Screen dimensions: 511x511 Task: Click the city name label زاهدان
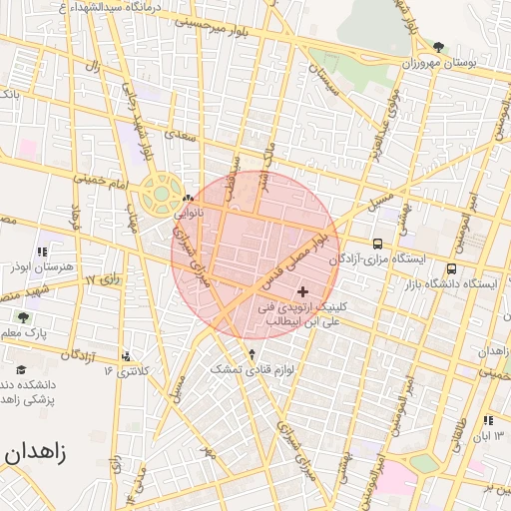[x=35, y=452]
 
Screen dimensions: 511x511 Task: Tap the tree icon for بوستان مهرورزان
[x=440, y=47]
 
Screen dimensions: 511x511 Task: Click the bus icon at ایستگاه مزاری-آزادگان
[x=377, y=244]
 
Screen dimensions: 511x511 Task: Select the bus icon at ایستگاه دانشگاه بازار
[x=452, y=268]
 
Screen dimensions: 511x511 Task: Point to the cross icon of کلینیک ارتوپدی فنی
[x=303, y=290]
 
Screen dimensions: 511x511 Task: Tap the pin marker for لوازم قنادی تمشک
[x=252, y=353]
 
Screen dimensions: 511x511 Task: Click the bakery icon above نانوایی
[x=189, y=199]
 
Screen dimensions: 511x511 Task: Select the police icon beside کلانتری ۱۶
[x=126, y=356]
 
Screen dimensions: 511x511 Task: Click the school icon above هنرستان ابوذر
[x=41, y=253]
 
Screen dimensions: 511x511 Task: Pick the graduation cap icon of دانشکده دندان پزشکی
[x=20, y=369]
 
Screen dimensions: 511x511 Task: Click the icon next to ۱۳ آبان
[x=488, y=421]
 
